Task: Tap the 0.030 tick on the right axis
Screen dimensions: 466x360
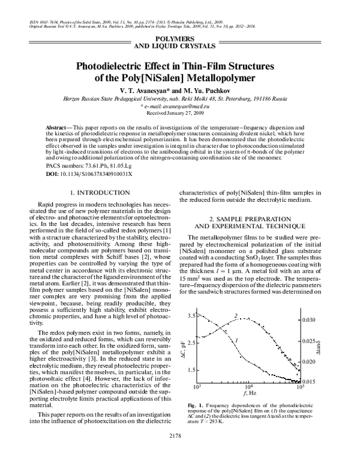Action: (x=308, y=320)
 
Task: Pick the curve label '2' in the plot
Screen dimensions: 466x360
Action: (x=236, y=315)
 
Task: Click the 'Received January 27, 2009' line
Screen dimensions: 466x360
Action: (x=180, y=113)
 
